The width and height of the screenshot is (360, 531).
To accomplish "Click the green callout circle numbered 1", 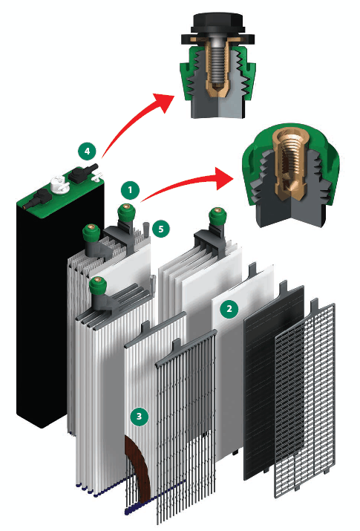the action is pyautogui.click(x=130, y=190).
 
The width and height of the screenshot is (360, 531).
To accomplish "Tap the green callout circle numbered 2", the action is pyautogui.click(x=229, y=309).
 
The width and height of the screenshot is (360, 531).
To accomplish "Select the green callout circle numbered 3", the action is pyautogui.click(x=139, y=416).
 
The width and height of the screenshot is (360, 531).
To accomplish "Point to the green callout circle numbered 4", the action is pyautogui.click(x=88, y=151).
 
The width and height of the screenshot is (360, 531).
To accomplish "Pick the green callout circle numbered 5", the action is pyautogui.click(x=161, y=229).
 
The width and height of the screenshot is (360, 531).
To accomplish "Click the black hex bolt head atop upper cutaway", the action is pyautogui.click(x=217, y=23).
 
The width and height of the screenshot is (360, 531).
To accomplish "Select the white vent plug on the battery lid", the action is pyautogui.click(x=60, y=185).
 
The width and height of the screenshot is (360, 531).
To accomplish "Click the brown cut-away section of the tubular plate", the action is pyautogui.click(x=139, y=464).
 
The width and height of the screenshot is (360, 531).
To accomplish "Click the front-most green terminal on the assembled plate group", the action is pyautogui.click(x=97, y=286).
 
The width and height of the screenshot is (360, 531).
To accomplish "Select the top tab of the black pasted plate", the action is pyautogui.click(x=284, y=287).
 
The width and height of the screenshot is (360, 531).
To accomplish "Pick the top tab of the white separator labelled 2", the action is pyautogui.click(x=252, y=270).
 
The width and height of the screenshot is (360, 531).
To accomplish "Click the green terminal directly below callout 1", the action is pyautogui.click(x=126, y=213).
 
